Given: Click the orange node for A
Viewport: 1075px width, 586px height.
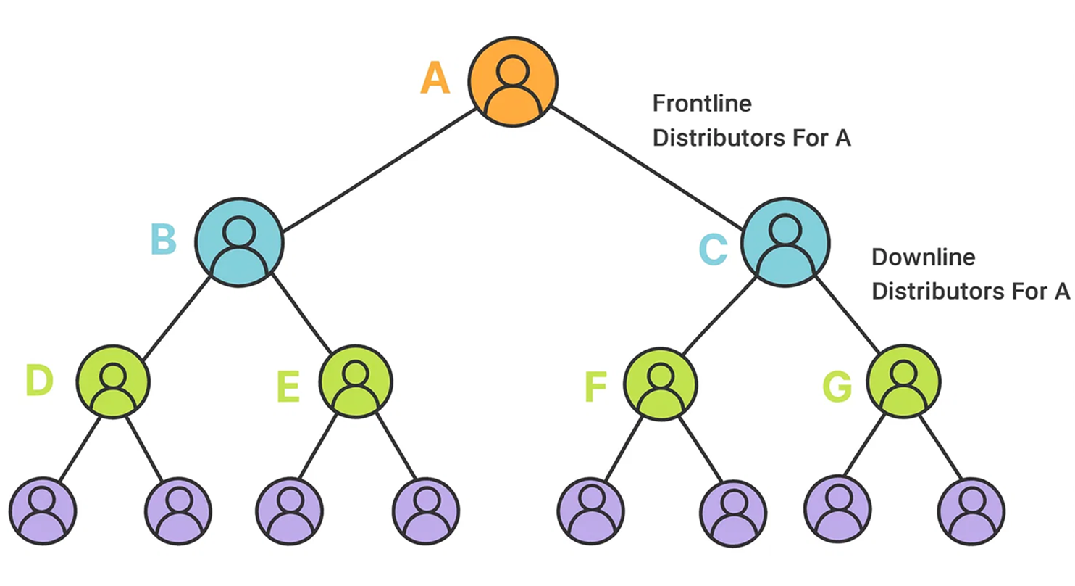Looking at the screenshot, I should click(512, 81).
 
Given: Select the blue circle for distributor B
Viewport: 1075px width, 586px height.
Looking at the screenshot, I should click(239, 242).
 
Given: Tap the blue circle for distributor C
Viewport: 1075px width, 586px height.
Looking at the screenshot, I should click(785, 242).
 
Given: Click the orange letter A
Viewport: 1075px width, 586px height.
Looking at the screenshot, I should click(435, 78).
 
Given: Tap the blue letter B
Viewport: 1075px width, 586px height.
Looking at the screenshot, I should click(164, 240).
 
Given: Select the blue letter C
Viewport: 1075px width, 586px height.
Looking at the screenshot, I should click(713, 249).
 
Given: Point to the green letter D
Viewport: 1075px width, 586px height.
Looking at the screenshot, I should click(39, 381).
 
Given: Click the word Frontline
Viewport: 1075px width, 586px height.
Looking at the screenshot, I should click(701, 104).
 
